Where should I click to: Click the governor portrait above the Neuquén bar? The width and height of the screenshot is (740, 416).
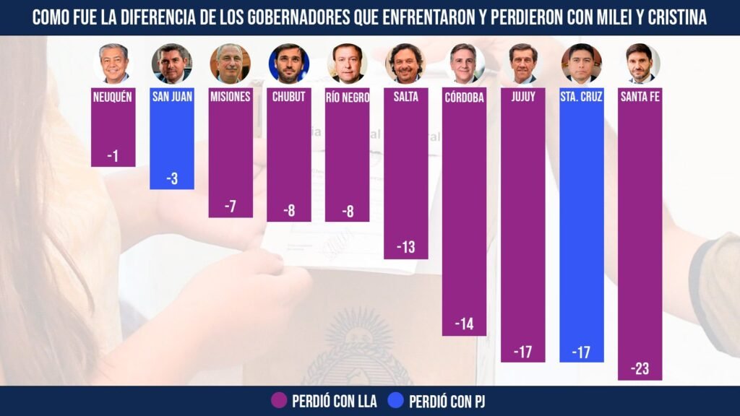coord(113,64)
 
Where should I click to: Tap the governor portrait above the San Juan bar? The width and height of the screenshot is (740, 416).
coord(172,64)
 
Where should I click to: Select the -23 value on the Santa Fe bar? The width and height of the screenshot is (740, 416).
coord(640,369)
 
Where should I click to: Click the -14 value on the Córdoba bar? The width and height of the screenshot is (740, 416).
coord(464,324)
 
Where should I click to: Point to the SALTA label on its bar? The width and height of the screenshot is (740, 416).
coord(405,97)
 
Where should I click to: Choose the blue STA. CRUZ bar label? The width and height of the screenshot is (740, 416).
coord(582,97)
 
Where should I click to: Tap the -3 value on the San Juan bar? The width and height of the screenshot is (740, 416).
coord(172,178)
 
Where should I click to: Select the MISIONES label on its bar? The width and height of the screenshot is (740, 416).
coord(231,97)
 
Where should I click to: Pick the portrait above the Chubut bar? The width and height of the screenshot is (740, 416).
coord(289,64)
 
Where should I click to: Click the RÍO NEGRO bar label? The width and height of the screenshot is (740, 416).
coord(348,97)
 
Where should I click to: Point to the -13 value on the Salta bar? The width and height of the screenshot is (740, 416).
coord(405,248)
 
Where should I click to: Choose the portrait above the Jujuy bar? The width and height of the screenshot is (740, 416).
coord(523,64)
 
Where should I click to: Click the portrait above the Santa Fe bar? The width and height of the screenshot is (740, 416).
coord(640,64)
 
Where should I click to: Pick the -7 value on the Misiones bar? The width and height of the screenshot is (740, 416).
coord(231,207)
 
